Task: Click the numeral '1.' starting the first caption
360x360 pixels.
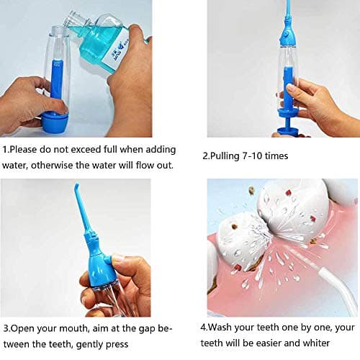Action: pyautogui.click(x=6, y=151)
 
